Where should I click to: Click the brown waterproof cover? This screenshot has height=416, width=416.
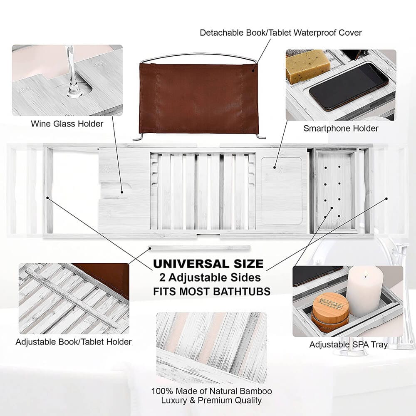(x=198, y=98)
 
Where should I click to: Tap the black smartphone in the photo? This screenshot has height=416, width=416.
(x=349, y=86)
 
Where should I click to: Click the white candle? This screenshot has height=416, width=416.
(x=364, y=291)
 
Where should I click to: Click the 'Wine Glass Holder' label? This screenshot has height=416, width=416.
(x=67, y=124)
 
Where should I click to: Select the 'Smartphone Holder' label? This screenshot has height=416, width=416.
(x=341, y=129)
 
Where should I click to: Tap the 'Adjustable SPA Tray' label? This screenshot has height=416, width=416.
(x=348, y=345)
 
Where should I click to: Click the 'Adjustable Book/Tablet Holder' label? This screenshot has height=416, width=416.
(x=74, y=342)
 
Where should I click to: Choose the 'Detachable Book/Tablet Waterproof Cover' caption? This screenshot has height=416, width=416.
(x=281, y=32)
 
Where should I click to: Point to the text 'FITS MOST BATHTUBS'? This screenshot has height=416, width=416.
(x=212, y=291)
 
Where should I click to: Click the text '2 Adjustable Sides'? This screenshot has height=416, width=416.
(x=212, y=277)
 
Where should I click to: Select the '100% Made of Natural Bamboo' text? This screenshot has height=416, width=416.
(x=212, y=391)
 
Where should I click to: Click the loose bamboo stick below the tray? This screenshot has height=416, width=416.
(x=200, y=248)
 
